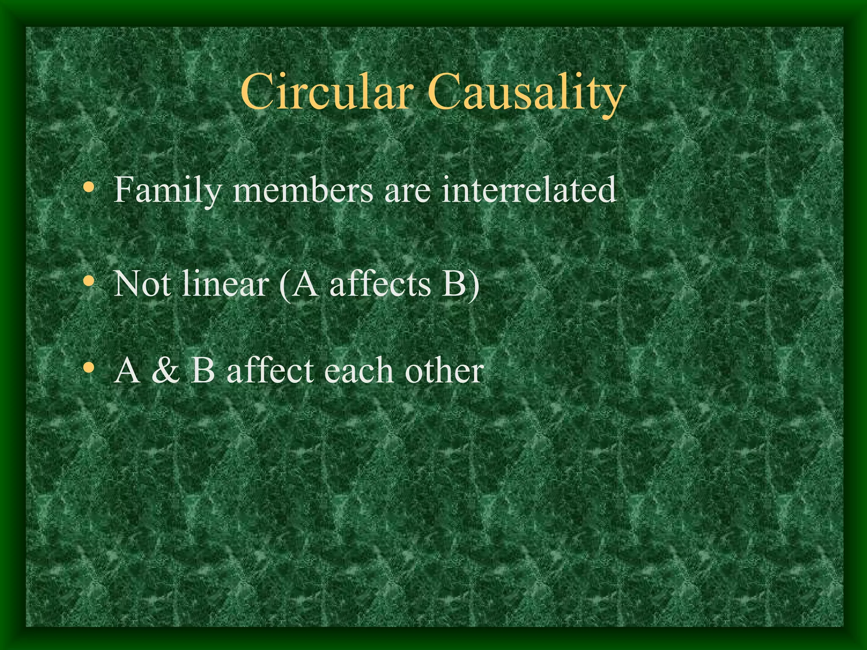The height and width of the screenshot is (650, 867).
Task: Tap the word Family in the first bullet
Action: pyautogui.click(x=167, y=190)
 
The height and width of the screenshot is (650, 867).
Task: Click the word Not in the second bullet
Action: pyautogui.click(x=141, y=284)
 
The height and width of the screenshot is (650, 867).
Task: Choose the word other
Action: pyautogui.click(x=444, y=370)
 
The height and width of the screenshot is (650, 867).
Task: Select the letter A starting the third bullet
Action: pyautogui.click(x=127, y=370)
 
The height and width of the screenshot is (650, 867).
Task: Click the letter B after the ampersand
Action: pyautogui.click(x=203, y=370)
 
